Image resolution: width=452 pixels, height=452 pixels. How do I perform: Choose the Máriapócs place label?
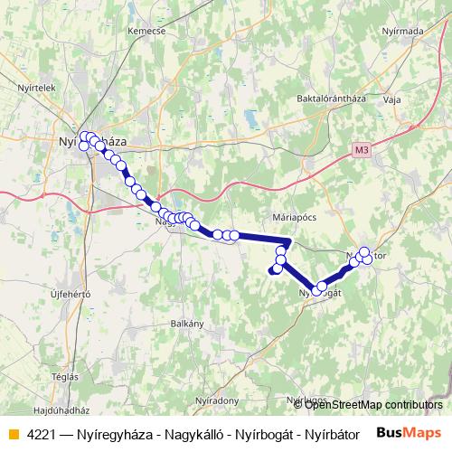291,218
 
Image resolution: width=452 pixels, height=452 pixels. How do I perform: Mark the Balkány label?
187,323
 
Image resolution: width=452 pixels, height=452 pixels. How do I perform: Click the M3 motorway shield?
363,149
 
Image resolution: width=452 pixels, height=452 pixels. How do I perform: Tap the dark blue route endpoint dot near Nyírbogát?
275,268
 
